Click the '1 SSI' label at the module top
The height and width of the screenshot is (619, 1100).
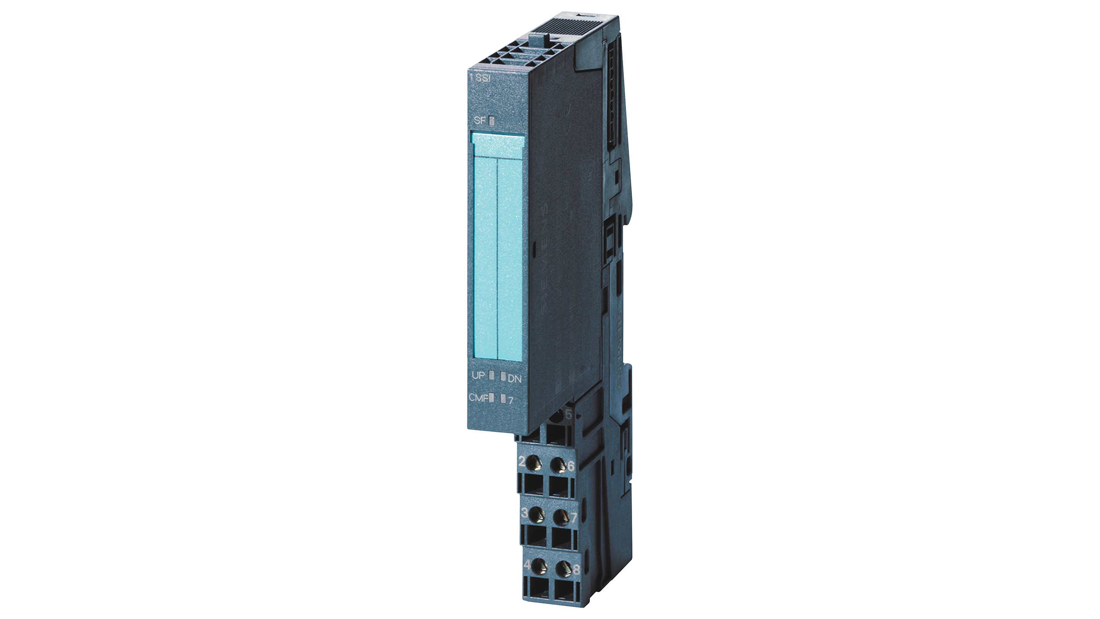480,78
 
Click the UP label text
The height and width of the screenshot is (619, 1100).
478,375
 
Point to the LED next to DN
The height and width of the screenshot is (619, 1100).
503,377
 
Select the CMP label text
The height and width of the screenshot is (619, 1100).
478,398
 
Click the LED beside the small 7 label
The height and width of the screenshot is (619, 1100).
503,398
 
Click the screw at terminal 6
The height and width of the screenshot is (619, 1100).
558,464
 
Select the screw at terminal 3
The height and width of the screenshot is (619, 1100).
536,514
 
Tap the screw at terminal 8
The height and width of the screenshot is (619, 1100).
563,569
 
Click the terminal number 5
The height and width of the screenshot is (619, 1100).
568,415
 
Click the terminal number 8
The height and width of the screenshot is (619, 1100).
576,570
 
